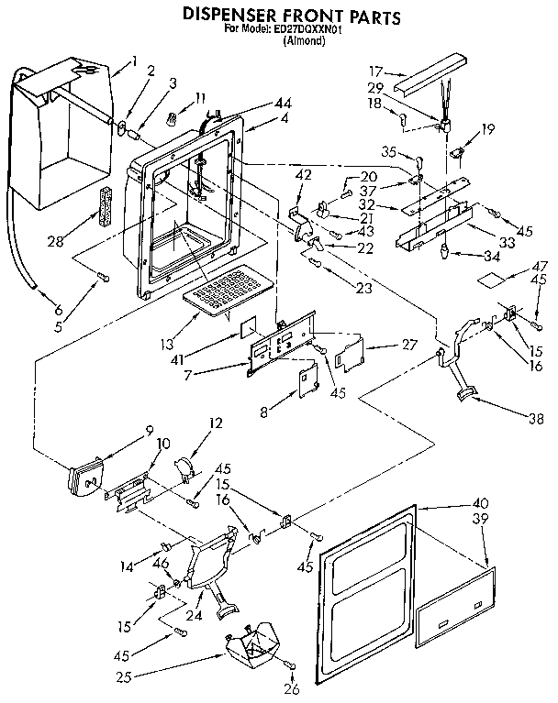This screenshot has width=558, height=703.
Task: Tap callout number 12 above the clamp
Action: point(217,424)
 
